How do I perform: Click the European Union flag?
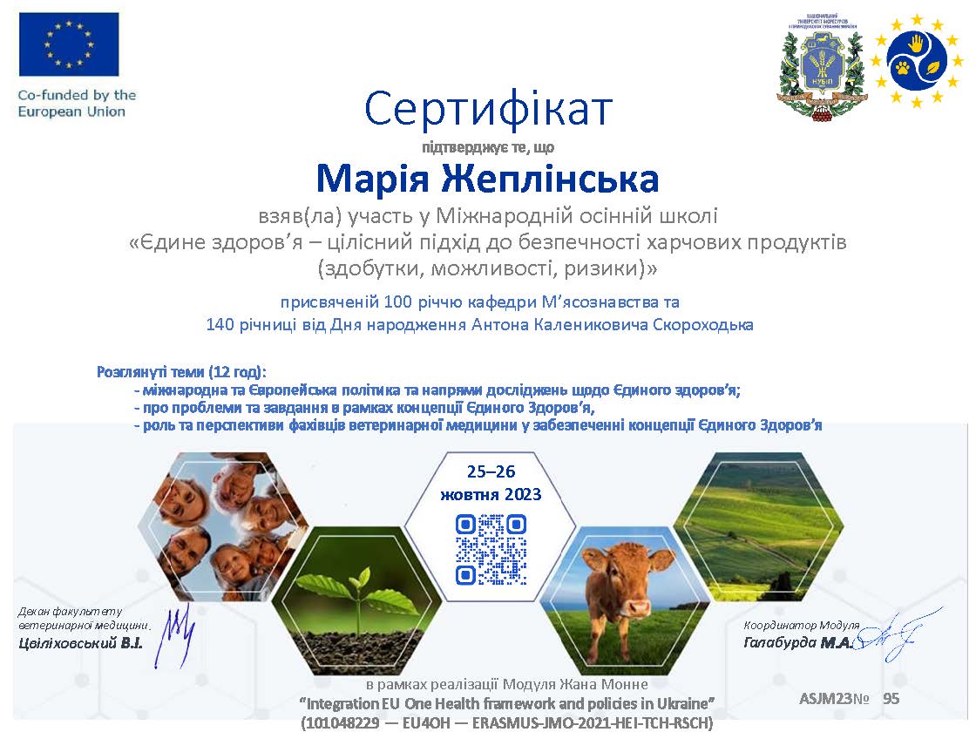[69, 44]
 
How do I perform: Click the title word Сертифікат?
[488, 109]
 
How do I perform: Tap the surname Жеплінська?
[550, 179]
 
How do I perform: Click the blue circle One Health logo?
[917, 62]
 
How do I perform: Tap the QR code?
[491, 549]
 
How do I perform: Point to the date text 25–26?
[491, 471]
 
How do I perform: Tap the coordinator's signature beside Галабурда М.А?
[895, 635]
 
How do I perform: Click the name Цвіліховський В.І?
[80, 643]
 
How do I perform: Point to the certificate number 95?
[891, 698]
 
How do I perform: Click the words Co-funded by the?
[78, 95]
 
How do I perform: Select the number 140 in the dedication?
[220, 324]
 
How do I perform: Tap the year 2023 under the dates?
[523, 495]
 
